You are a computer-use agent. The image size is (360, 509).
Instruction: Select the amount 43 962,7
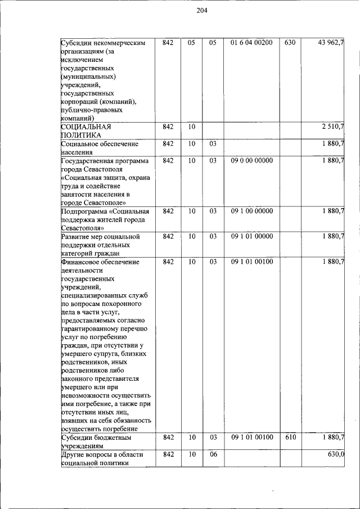(x=331, y=43)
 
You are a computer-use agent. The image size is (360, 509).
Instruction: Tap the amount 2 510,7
(x=332, y=127)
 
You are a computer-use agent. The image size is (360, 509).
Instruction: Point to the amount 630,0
(x=336, y=454)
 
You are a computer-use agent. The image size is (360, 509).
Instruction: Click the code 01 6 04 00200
(x=251, y=43)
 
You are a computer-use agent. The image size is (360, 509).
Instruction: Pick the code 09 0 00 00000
(x=251, y=161)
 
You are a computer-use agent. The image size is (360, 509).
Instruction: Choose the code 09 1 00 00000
(x=251, y=211)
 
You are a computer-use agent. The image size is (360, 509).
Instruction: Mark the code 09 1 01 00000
(x=251, y=237)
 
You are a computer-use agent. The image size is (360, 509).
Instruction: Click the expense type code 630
(x=290, y=43)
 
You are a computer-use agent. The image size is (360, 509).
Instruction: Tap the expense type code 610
(x=290, y=437)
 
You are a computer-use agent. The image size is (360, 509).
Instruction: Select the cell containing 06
(x=213, y=454)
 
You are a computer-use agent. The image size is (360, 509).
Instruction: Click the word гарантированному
(x=88, y=329)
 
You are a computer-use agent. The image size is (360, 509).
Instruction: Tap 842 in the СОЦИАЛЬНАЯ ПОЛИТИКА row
(x=168, y=127)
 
